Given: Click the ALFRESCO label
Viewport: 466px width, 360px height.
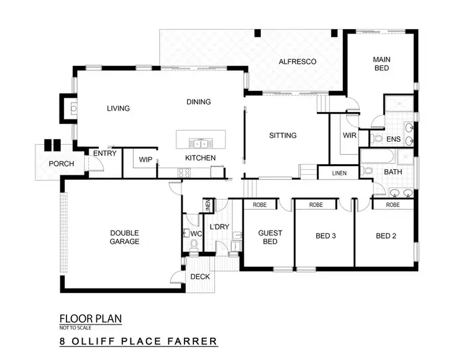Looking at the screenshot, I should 298,62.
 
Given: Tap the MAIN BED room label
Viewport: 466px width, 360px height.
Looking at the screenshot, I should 381,63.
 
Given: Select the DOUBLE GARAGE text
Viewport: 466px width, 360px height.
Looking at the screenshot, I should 124,237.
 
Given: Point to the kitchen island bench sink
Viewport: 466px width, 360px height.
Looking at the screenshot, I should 199,141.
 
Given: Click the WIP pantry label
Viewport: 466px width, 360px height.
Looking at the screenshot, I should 145,160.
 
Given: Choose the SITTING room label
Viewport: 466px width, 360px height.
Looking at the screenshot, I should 283,135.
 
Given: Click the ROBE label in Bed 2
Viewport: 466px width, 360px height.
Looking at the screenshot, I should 393,204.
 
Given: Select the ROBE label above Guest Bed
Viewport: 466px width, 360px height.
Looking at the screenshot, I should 260,204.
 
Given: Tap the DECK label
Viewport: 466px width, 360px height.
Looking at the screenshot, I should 199,277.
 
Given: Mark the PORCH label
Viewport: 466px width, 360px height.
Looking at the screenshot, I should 62,164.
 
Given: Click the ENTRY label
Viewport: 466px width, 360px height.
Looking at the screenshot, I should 104,154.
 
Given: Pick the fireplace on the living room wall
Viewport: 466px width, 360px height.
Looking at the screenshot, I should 73,108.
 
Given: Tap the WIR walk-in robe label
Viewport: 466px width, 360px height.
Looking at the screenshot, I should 349,135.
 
